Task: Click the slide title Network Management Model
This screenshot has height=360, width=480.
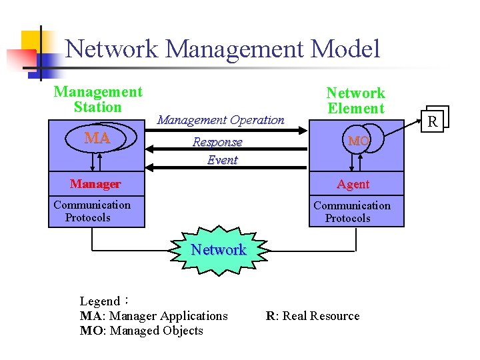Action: pos(223,49)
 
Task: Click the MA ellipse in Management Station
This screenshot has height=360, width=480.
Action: pos(97,138)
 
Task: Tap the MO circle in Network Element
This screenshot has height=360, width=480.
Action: pos(358,141)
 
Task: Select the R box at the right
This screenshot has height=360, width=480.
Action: pos(433,121)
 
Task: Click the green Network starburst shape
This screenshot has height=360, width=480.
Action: pos(219,250)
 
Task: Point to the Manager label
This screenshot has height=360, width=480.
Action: pos(95,184)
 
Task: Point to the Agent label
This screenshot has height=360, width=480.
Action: pos(353,184)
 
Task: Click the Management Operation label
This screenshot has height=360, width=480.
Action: pos(220,120)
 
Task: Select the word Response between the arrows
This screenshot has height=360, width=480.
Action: pos(217,142)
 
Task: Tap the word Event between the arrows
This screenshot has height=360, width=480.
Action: pos(222,160)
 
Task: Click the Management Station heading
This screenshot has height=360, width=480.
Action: pos(97,99)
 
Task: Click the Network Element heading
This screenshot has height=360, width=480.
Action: pos(355,101)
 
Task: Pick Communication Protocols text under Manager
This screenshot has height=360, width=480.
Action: pos(91,211)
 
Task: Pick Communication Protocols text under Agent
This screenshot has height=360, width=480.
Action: pos(351,212)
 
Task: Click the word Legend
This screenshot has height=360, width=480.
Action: pos(99,301)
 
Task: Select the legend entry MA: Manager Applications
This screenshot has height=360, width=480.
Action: pos(153,316)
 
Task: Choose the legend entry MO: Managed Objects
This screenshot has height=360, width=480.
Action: pos(141,331)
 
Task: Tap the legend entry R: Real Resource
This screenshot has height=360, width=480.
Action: pos(312,316)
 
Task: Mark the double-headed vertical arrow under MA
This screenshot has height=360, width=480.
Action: pos(99,162)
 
